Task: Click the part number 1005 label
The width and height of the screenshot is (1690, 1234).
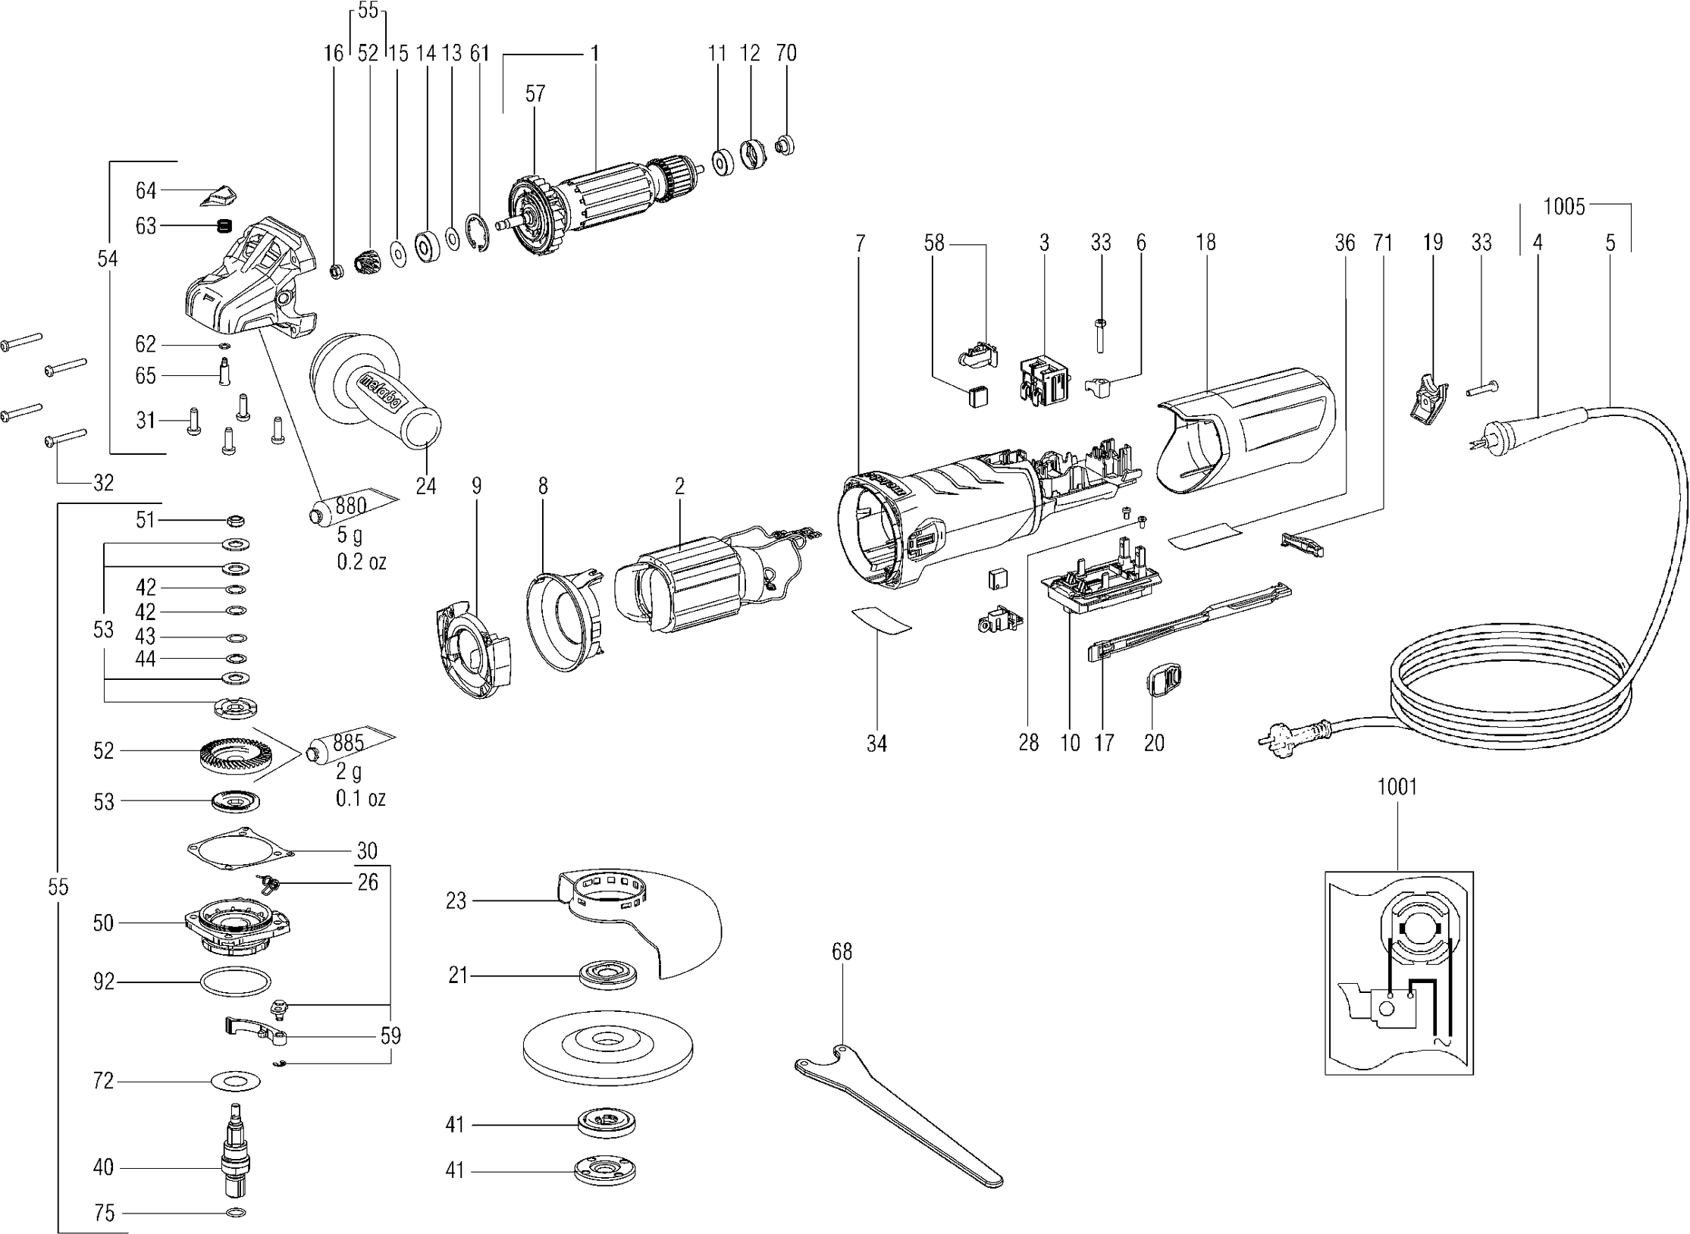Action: click(x=1563, y=207)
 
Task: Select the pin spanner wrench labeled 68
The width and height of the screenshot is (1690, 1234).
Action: click(x=898, y=1113)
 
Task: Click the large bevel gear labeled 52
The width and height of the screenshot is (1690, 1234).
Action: click(x=228, y=757)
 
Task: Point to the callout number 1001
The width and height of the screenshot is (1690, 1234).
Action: click(x=1397, y=787)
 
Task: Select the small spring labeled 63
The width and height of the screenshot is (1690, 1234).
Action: click(x=223, y=226)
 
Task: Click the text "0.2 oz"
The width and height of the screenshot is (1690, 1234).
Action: click(x=361, y=561)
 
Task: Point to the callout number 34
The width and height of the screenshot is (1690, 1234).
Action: click(x=876, y=743)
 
